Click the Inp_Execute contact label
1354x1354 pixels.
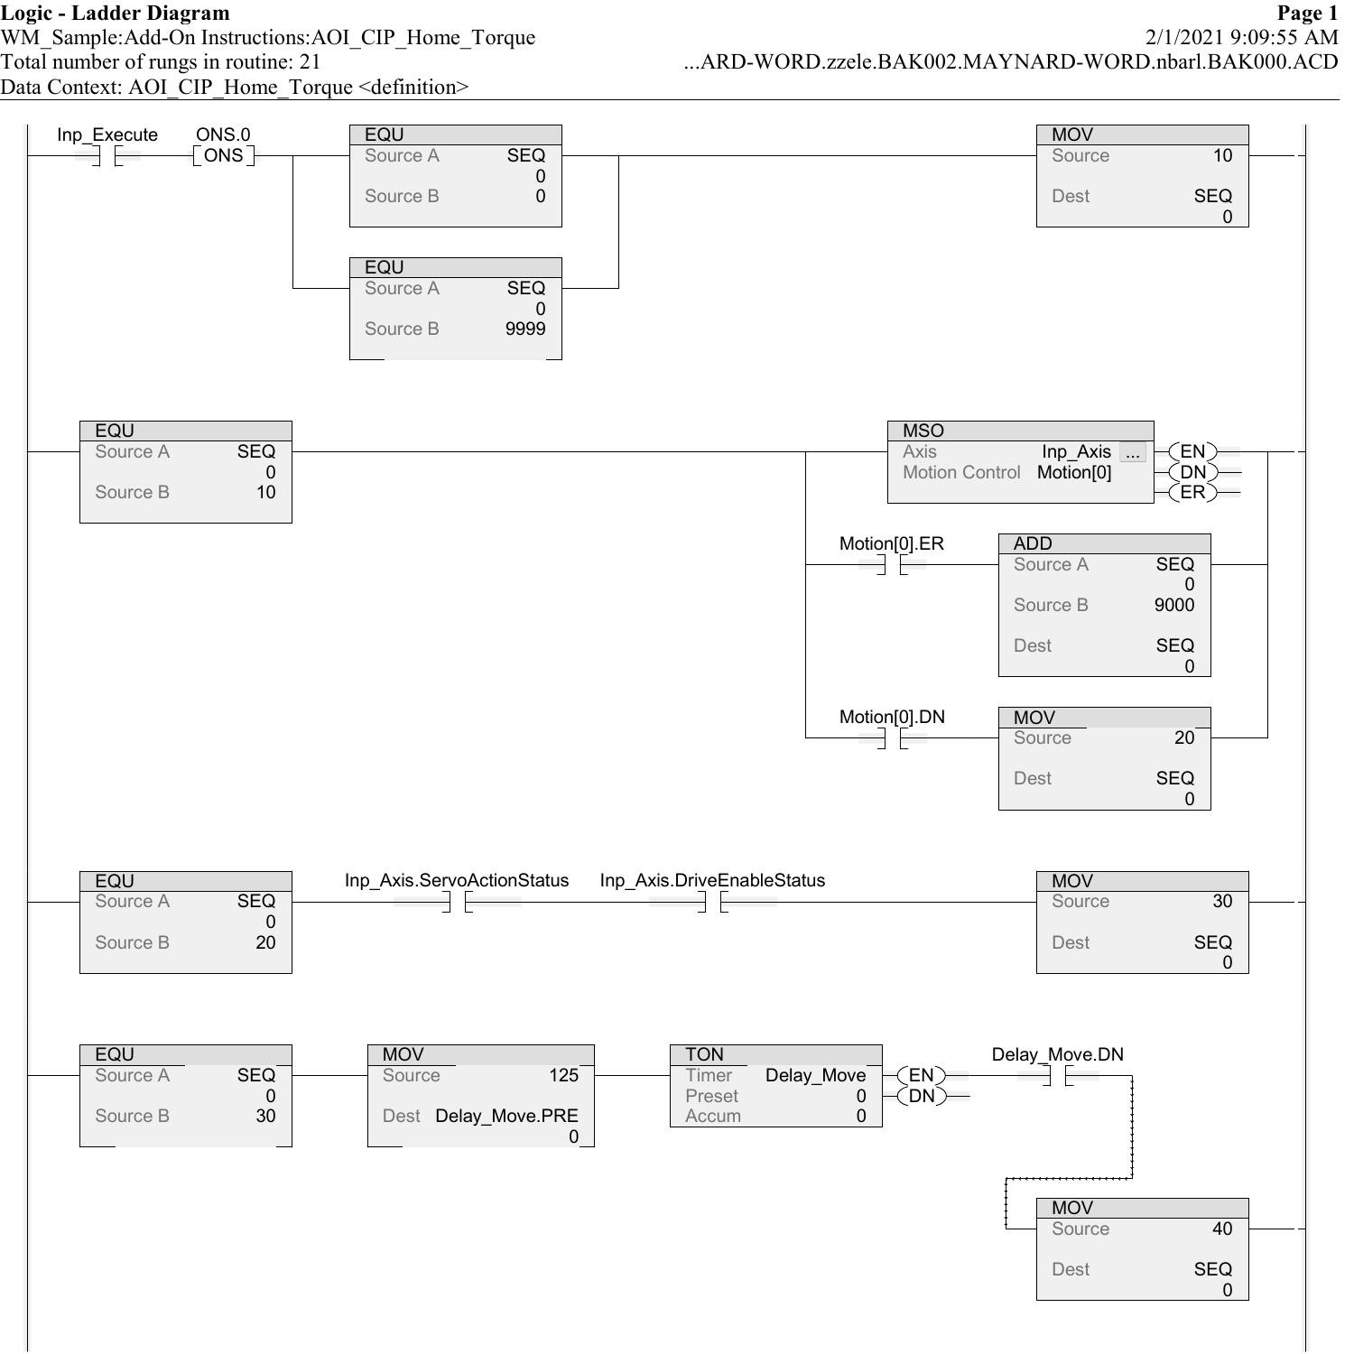click(107, 135)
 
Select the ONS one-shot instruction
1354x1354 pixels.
click(223, 155)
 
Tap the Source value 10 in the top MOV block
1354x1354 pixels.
click(1221, 156)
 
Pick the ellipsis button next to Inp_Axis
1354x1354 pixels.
click(1132, 453)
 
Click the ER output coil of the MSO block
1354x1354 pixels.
click(1192, 493)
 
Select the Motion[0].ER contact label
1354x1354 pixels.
click(891, 543)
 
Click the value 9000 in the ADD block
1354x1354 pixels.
click(1173, 606)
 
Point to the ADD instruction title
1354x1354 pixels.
click(1032, 544)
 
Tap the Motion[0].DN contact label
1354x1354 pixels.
click(891, 717)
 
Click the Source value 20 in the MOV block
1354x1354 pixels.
click(1183, 738)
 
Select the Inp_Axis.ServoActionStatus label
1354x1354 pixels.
click(456, 881)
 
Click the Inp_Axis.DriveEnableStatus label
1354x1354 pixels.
click(711, 881)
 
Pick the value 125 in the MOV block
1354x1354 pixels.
click(563, 1076)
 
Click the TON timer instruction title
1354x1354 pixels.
click(704, 1055)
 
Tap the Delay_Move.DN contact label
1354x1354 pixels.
click(1057, 1055)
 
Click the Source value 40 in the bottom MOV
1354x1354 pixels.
click(1221, 1229)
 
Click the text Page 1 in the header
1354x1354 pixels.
click(1307, 13)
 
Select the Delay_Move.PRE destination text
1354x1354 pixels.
click(505, 1117)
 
